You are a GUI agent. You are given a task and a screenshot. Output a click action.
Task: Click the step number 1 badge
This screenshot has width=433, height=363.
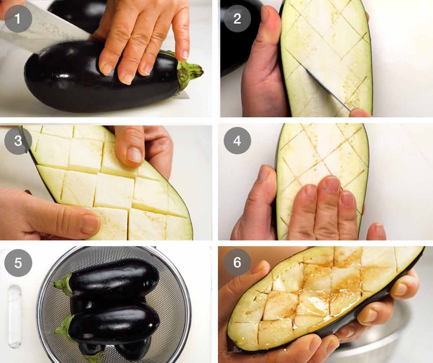click(x=18, y=18)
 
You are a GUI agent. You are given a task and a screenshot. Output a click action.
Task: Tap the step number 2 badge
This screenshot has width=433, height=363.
click(x=237, y=18)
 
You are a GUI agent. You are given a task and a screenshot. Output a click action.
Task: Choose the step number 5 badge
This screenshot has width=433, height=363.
click(x=18, y=263)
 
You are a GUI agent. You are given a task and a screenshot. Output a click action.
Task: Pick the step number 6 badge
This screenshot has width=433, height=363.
click(x=237, y=263)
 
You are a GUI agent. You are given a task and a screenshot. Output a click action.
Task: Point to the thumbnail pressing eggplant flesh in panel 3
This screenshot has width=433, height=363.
click(x=134, y=154)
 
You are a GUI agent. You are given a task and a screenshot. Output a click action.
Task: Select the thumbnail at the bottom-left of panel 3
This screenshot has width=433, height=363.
click(x=89, y=224)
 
